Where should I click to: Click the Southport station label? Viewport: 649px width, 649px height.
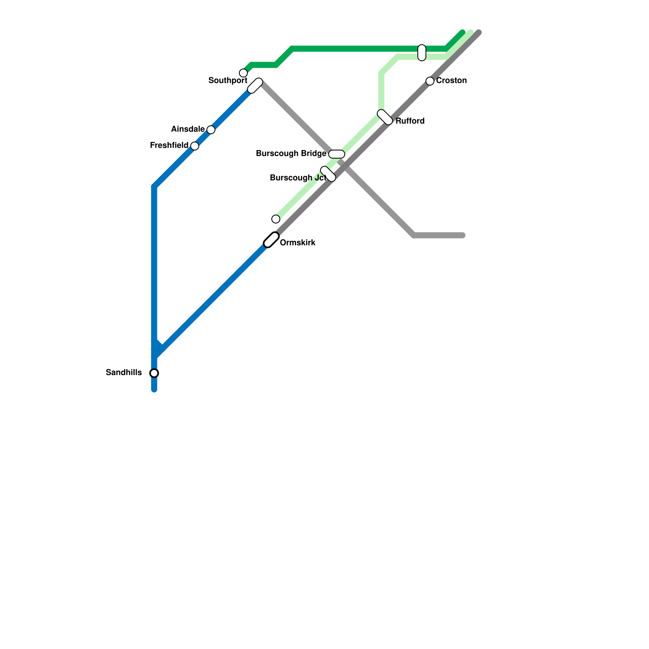pos(228,81)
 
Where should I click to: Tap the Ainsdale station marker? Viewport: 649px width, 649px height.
pos(211,130)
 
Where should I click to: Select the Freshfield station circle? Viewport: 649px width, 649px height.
pos(195,146)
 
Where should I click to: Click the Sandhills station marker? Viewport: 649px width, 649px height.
pos(154,373)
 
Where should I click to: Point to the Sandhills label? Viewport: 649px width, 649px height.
pos(124,372)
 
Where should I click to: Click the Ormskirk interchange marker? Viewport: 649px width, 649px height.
pos(271,240)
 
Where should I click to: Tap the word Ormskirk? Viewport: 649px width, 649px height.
pos(298,243)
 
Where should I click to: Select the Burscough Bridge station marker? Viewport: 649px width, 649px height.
pos(337,154)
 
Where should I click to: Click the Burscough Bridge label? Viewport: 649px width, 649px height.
pos(291,154)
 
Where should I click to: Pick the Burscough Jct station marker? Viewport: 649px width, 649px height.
pos(328,174)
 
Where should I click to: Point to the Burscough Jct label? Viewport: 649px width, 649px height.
pos(298,178)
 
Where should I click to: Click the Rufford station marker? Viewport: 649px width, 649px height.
pos(385,117)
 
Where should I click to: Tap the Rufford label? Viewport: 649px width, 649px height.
pos(410,121)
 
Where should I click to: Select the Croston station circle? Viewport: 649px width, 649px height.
pos(430,81)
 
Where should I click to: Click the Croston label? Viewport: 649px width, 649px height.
pos(451,81)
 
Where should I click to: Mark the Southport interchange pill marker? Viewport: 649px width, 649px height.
pos(255,86)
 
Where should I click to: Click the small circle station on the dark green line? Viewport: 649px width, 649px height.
pos(243,73)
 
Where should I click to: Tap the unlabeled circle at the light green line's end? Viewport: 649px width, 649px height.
pos(276,219)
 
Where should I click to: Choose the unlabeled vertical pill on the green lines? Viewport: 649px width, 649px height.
pos(422,53)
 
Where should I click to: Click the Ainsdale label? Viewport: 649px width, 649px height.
pos(188,129)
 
